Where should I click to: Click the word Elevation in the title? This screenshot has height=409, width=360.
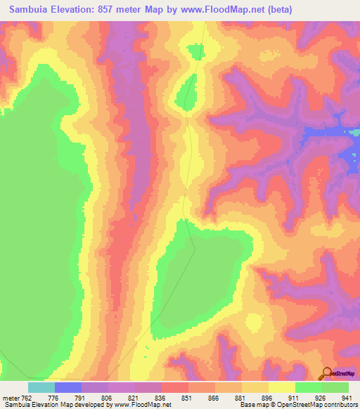[x=75, y=9]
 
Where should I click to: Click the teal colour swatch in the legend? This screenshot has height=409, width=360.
[x=41, y=387]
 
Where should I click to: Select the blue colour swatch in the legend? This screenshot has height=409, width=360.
[x=67, y=387]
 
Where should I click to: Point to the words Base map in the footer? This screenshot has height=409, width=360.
[x=252, y=404]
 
